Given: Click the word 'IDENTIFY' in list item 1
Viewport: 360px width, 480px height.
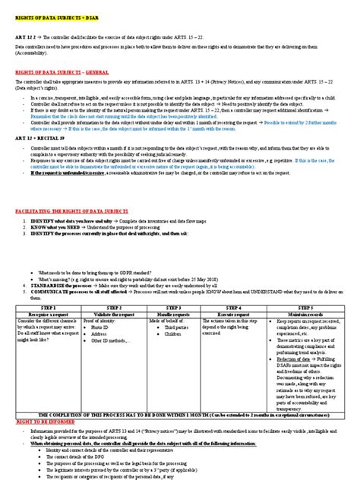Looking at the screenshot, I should point(35,221).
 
